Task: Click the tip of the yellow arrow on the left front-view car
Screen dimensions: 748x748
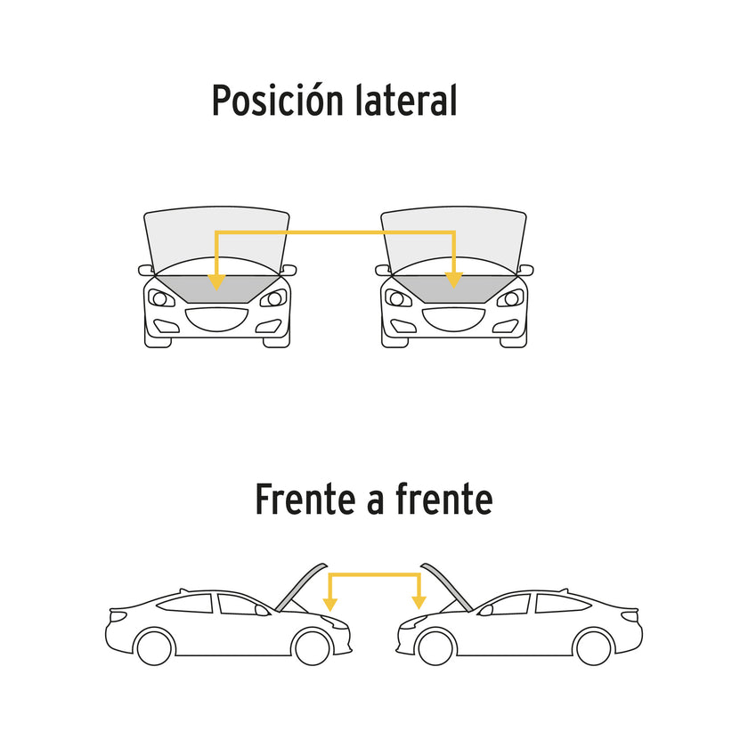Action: coord(216,290)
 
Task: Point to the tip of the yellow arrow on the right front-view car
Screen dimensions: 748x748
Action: coord(453,289)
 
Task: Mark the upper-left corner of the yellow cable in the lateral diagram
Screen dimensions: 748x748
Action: coord(216,232)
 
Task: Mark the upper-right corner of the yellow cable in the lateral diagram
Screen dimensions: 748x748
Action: coord(454,232)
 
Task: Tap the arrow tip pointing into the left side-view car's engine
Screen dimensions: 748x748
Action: coord(330,611)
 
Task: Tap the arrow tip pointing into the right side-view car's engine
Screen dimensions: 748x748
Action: coord(419,609)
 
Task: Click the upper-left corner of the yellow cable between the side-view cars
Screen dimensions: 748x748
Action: coord(330,575)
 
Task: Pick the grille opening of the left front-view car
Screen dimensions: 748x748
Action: coord(216,319)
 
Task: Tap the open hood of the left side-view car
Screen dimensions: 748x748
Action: coord(301,587)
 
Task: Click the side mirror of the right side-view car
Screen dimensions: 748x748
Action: coord(485,610)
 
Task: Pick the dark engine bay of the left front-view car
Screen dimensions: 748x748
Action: coord(217,289)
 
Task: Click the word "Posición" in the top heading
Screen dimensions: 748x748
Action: coord(278,100)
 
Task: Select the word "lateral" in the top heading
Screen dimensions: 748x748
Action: coord(406,100)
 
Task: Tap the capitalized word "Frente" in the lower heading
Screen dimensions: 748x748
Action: coord(305,499)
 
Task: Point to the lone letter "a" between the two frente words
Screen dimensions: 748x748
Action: coord(376,503)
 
